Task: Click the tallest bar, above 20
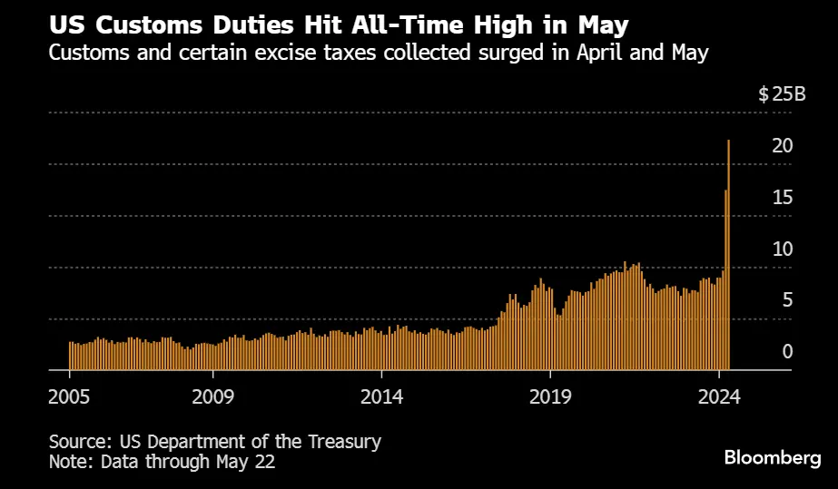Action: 729,254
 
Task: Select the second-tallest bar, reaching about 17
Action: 725,281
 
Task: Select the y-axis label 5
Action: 788,300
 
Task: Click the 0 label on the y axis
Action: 788,352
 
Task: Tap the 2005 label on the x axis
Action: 69,396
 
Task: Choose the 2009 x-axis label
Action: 212,396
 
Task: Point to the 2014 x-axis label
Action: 382,396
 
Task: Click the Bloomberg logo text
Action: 773,458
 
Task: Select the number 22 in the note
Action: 264,462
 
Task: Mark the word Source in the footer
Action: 80,442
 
